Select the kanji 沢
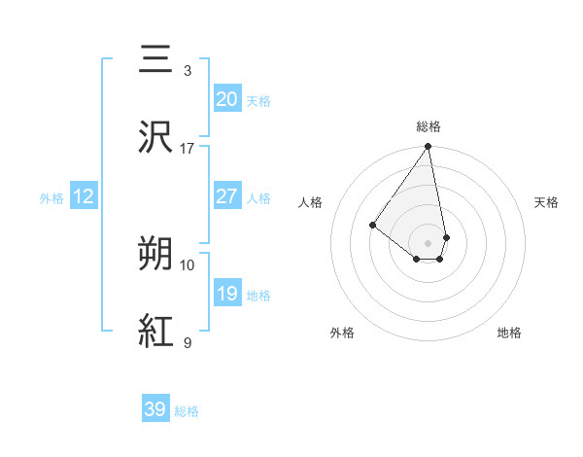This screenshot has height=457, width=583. [156, 135]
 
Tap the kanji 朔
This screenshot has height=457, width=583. [156, 254]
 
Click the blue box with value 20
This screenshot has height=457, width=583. [226, 99]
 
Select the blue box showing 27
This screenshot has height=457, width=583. [226, 196]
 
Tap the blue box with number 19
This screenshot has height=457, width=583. [226, 294]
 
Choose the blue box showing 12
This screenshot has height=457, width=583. [84, 196]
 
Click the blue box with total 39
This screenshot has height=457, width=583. [155, 409]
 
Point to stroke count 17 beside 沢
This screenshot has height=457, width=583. [188, 149]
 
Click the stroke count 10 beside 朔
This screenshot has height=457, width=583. [188, 264]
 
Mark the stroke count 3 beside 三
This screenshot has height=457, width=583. [188, 71]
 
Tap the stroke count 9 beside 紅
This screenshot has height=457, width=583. [188, 342]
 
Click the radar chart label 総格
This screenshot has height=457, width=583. [429, 126]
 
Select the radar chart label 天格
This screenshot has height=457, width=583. [546, 202]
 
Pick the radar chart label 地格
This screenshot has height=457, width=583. [509, 333]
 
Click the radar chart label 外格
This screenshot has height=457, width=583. [342, 333]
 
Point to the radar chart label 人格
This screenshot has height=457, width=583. [311, 202]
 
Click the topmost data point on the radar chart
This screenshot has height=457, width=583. [429, 147]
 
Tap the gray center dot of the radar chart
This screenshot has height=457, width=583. [429, 242]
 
